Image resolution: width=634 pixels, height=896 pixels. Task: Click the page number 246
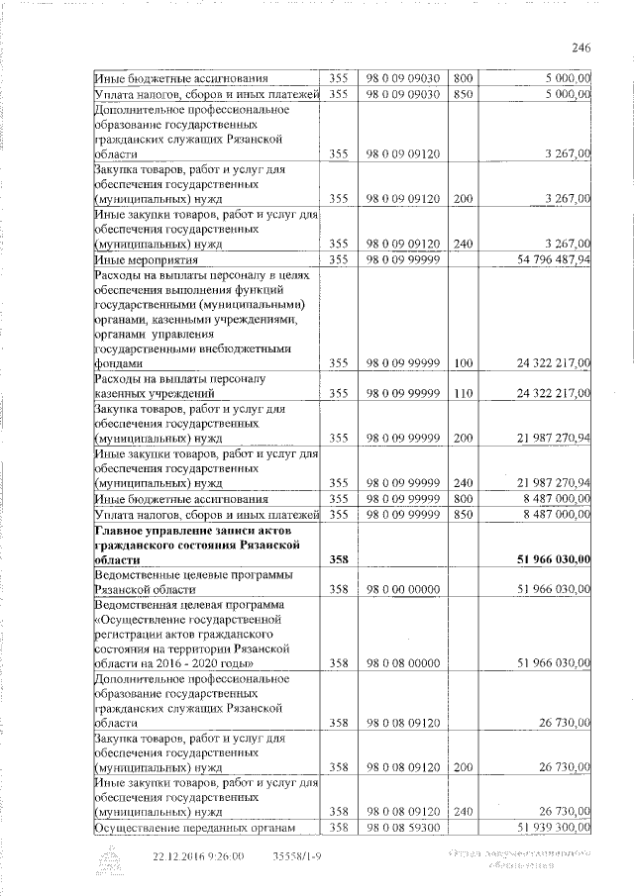tap(581, 47)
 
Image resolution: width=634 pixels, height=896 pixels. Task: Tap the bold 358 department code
tap(340, 559)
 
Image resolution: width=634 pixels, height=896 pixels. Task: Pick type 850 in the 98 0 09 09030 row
tap(463, 94)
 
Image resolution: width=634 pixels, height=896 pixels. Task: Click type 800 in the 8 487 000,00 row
tap(463, 499)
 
